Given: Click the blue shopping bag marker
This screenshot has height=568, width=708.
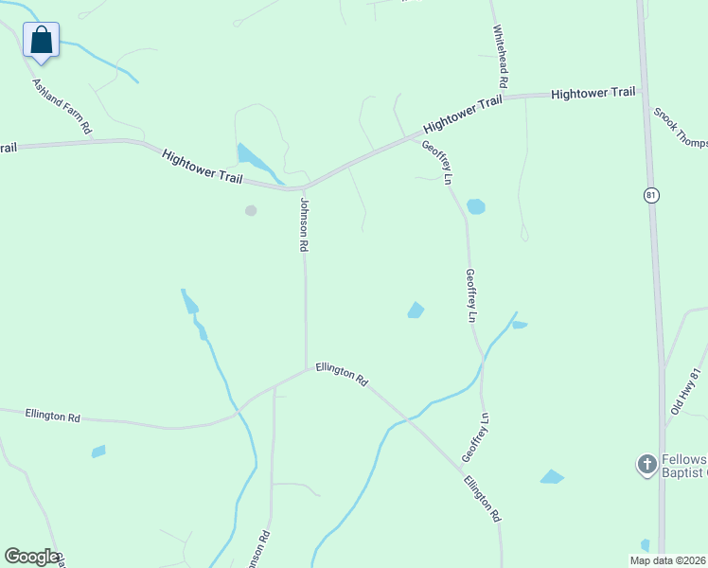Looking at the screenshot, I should point(41,41).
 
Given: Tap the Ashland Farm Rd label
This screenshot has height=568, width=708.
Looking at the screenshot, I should point(62,106).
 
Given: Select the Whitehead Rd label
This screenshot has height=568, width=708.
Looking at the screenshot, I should point(500,51).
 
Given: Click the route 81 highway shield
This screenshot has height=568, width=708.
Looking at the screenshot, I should point(650,195).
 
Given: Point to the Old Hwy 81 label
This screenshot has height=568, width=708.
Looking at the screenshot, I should point(684,391).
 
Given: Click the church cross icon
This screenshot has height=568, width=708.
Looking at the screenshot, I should point(646,464).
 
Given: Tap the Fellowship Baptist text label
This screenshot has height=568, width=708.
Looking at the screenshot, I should point(682,465).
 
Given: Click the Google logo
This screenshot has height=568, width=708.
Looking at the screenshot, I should point(31,557).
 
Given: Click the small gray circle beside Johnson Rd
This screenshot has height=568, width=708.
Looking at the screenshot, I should point(251,210).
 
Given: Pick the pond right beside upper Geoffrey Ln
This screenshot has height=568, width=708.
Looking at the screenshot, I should point(476,206).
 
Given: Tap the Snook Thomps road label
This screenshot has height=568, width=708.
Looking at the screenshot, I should point(681,128).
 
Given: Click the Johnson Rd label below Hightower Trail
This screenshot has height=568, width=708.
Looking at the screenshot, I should point(304,224).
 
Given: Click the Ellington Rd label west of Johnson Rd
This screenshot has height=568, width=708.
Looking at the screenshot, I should point(53,416).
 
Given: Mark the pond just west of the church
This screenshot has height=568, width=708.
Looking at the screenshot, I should point(552,476).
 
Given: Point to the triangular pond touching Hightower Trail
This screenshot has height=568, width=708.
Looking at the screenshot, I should point(253,158).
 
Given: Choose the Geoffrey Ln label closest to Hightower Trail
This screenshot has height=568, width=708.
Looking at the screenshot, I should point(437,162).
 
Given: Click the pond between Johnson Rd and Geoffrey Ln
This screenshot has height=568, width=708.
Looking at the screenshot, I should point(416,310).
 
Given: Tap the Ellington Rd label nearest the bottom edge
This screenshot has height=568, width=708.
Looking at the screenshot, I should point(482,499).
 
